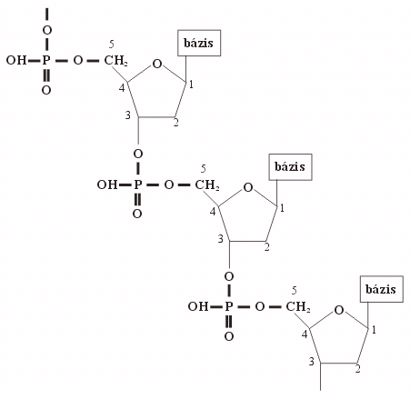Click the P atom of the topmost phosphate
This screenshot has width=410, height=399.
tap(45, 60)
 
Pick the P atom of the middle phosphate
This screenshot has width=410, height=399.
tap(137, 185)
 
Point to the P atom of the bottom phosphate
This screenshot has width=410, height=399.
tap(229, 306)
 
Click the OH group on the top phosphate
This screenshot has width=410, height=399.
tap(16, 60)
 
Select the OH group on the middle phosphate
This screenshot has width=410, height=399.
tap(107, 185)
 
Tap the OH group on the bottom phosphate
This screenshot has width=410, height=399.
tap(198, 306)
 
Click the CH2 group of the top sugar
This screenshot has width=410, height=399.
tap(115, 61)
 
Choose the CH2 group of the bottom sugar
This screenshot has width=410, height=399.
tap(298, 307)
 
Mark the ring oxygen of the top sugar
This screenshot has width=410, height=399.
tap(157, 64)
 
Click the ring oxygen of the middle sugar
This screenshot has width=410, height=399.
tap(248, 187)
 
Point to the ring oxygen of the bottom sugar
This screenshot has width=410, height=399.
tap(339, 310)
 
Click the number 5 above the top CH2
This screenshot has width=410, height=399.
tap(112, 45)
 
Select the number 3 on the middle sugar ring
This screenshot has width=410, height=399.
tap(220, 239)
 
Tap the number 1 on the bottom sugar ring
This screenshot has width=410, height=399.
tap(374, 330)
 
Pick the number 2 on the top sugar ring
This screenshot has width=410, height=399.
tap(175, 123)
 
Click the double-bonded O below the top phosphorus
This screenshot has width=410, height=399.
tap(46, 90)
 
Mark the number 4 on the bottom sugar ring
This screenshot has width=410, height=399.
tap(305, 334)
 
